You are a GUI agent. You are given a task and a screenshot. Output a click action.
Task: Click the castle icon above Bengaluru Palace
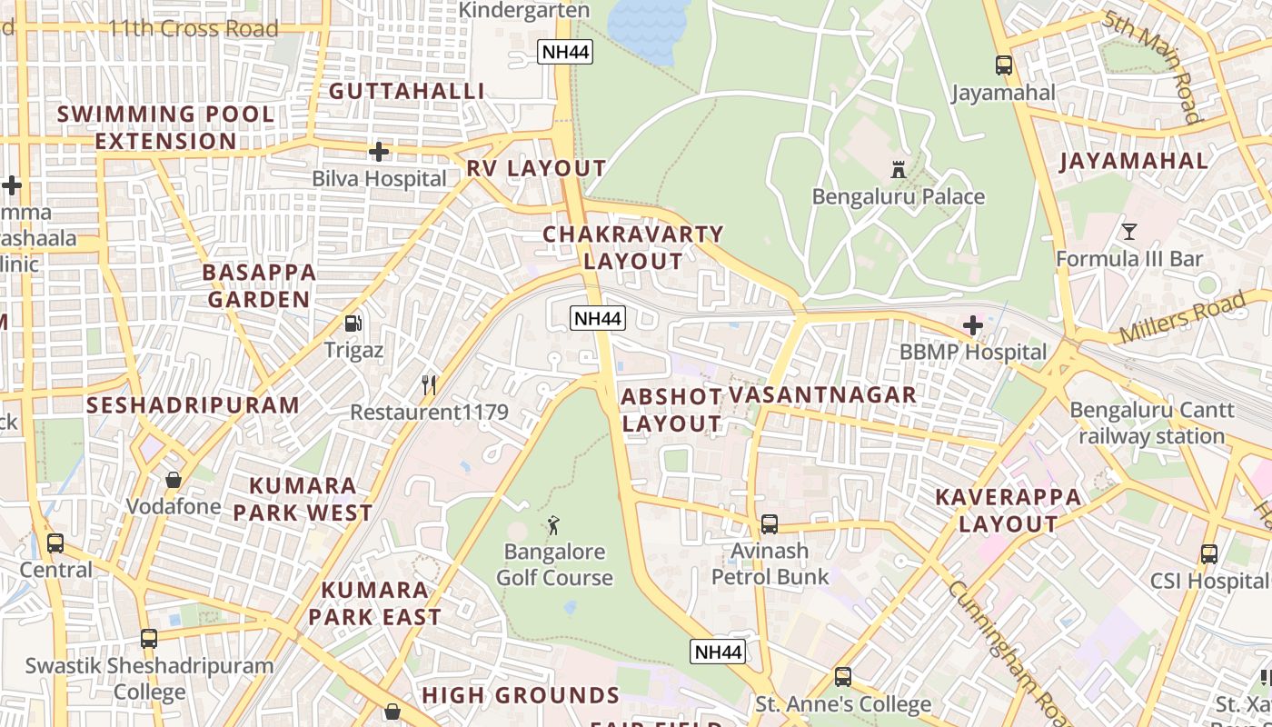(x=899, y=169)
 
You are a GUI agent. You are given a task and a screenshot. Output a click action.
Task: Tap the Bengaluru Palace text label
(x=898, y=197)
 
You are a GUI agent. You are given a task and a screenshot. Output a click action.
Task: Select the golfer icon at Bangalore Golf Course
(x=553, y=524)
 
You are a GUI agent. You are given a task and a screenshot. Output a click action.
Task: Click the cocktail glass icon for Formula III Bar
(x=1128, y=232)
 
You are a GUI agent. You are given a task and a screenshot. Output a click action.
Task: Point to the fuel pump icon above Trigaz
(x=353, y=323)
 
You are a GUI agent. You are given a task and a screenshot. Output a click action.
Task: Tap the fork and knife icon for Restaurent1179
(x=429, y=385)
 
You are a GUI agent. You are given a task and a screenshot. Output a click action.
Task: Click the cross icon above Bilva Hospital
(x=379, y=152)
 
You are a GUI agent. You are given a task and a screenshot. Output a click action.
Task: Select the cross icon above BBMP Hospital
(x=972, y=325)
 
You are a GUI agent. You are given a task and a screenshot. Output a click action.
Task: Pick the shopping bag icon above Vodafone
(x=173, y=479)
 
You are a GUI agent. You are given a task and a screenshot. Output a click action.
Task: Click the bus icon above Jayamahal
(x=1003, y=65)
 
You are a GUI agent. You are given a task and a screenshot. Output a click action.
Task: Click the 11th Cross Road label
(x=193, y=29)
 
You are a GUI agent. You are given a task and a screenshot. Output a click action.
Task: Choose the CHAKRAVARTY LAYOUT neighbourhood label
(x=632, y=247)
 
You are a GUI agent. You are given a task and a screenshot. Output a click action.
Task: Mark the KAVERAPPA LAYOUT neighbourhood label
(x=1009, y=511)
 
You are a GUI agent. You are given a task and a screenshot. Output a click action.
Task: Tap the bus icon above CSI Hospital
(x=1208, y=553)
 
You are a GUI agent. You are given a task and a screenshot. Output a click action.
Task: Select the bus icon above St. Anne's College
(x=842, y=677)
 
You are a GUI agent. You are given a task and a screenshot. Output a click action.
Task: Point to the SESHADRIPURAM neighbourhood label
(x=193, y=405)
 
